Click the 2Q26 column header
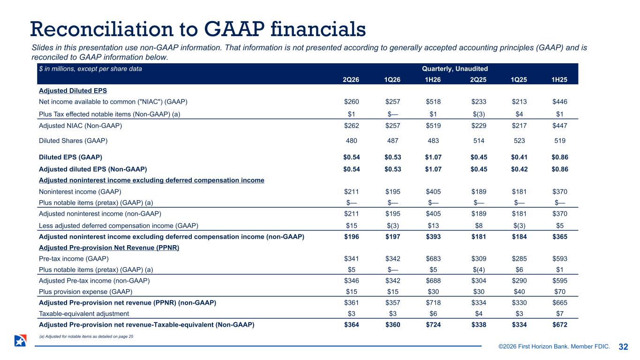[x=351, y=80]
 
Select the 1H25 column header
[x=559, y=80]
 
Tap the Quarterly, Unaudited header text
[x=455, y=69]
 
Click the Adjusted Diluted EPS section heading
[x=73, y=90]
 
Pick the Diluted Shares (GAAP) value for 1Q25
[x=519, y=141]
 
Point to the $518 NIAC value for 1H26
[x=433, y=102]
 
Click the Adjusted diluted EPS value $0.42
[x=519, y=169]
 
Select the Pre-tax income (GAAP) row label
[x=74, y=259]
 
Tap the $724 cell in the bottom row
[x=433, y=325]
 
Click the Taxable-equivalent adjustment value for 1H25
[x=560, y=314]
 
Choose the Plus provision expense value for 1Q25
[x=519, y=292]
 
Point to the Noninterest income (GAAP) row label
[x=80, y=192]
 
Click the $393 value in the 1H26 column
[x=433, y=237]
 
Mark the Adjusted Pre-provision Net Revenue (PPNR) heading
[x=109, y=247]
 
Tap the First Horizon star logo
[x=20, y=341]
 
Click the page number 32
[x=623, y=347]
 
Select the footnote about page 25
[x=86, y=337]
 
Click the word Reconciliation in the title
[x=101, y=29]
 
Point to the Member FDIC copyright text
[x=554, y=346]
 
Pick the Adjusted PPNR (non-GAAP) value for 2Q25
[x=479, y=303]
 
